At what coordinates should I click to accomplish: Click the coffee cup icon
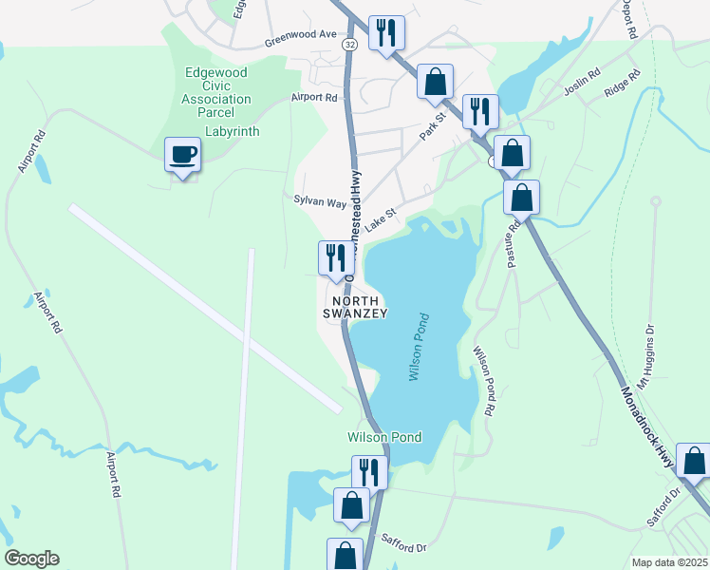[x=182, y=155]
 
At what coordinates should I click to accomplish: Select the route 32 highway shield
[x=351, y=45]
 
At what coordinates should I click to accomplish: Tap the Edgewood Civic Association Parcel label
[x=218, y=85]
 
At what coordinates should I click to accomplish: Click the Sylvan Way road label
[x=320, y=202]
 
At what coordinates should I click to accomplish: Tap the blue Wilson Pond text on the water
[x=420, y=348]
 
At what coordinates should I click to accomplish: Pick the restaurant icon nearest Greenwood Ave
[x=386, y=33]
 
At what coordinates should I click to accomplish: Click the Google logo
[x=31, y=559]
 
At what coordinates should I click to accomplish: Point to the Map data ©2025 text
[x=669, y=562]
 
